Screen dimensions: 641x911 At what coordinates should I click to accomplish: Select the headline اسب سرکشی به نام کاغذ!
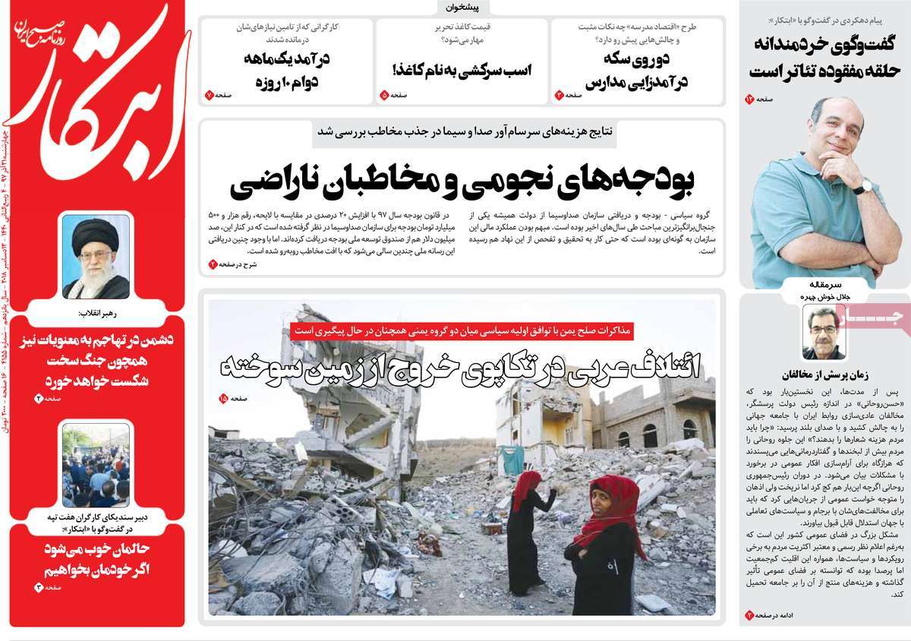[x=462, y=70]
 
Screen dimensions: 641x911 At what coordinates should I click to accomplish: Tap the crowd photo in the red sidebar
[x=96, y=465]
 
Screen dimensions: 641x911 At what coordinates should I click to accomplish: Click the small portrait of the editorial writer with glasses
[x=824, y=331]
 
